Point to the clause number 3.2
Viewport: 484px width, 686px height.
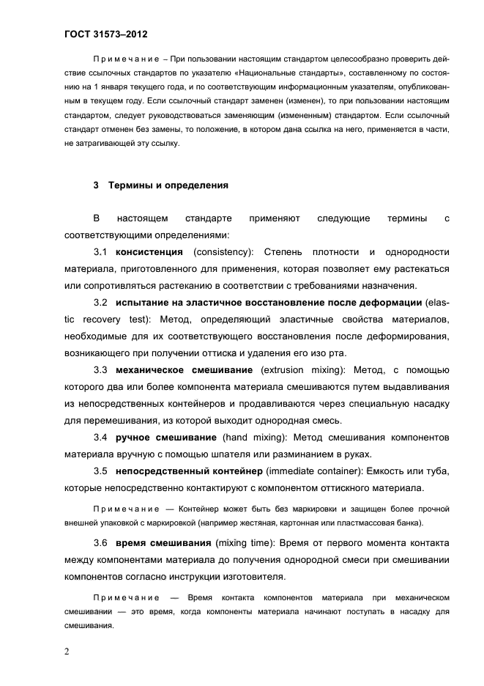pyautogui.click(x=101, y=303)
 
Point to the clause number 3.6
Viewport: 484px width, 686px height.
pyautogui.click(x=101, y=543)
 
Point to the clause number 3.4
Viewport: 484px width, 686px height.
pyautogui.click(x=101, y=438)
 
